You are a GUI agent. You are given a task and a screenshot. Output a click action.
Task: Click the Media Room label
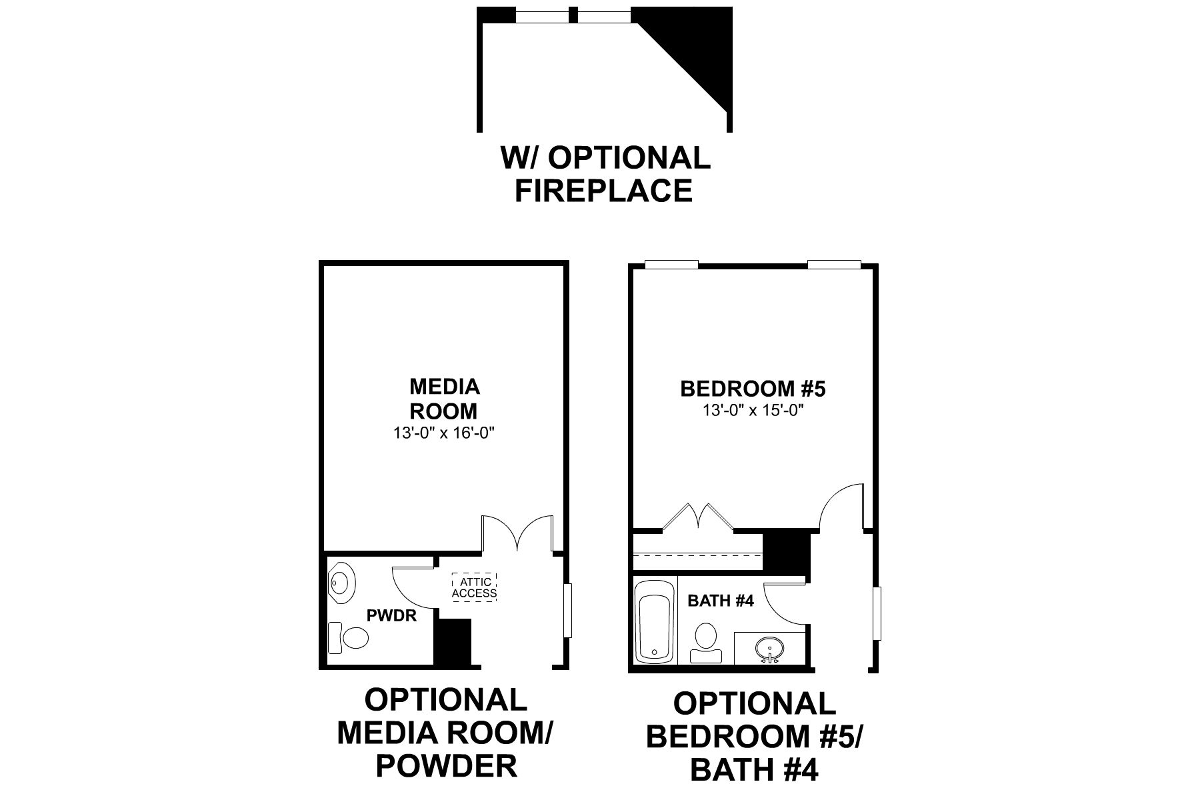click(444, 398)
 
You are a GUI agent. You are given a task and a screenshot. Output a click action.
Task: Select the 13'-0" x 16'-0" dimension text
click(444, 433)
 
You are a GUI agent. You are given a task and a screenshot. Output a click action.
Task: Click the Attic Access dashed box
click(474, 587)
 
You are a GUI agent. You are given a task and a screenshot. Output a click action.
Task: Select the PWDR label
click(391, 615)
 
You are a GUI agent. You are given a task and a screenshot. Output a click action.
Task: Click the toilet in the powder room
click(349, 638)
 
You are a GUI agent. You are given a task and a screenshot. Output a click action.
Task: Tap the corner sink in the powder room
click(342, 582)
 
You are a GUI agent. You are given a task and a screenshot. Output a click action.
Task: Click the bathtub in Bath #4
click(655, 621)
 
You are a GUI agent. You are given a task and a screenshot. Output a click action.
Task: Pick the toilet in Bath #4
click(705, 641)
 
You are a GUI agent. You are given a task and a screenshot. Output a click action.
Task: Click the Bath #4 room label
click(720, 601)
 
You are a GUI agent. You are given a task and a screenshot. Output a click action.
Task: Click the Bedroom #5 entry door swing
click(841, 508)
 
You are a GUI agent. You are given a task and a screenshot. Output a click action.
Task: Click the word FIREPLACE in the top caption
click(603, 191)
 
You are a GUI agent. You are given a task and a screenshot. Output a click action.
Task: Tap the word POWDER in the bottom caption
click(446, 767)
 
